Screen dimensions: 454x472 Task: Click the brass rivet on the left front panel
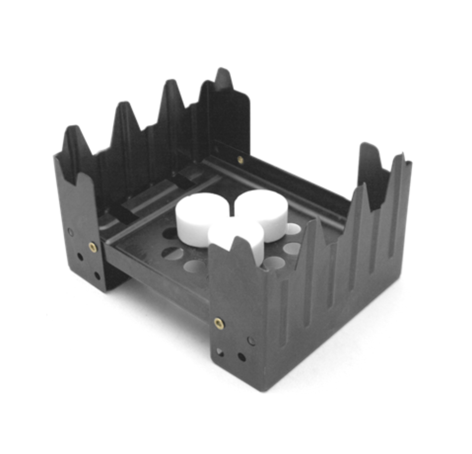coord(92,247)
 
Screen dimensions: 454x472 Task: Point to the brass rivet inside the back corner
coord(240,160)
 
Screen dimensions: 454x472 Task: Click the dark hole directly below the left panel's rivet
coord(80,257)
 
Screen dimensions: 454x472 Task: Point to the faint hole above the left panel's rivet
coord(71,231)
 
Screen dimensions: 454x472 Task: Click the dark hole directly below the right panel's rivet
coord(219,352)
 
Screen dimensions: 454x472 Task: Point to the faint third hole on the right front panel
coord(251,341)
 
